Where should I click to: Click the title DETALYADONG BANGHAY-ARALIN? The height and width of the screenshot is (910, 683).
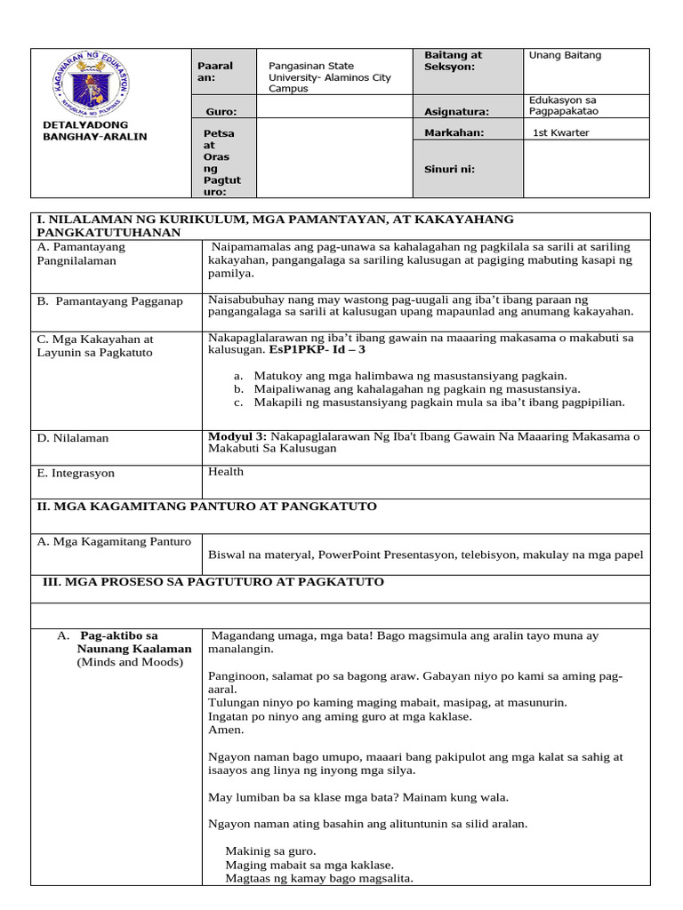[x=94, y=131]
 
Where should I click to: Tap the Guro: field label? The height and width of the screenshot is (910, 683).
[x=220, y=112]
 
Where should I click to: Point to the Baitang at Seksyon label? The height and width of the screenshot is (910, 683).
[x=454, y=60]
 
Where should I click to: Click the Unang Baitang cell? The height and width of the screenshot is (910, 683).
[x=565, y=55]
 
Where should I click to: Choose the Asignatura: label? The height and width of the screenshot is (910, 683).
[x=457, y=112]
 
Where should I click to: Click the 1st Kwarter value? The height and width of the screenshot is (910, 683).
[x=560, y=133]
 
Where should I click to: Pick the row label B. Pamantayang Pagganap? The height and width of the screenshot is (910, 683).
[x=109, y=301]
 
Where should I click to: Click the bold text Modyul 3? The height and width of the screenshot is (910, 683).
[x=237, y=436]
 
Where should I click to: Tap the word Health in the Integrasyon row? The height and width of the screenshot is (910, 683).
[x=226, y=472]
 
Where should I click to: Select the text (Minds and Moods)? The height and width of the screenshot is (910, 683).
[x=129, y=662]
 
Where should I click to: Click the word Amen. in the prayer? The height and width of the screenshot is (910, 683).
[x=225, y=730]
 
